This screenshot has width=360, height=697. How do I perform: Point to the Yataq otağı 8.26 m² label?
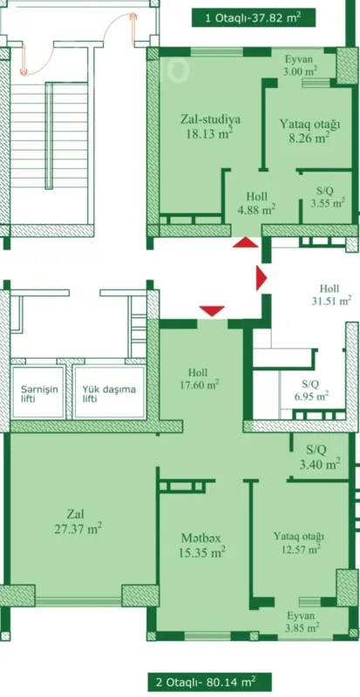(303, 130)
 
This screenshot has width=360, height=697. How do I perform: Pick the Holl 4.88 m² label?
(257, 202)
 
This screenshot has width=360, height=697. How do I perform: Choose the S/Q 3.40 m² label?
(316, 457)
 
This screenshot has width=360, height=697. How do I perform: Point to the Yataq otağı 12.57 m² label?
(299, 541)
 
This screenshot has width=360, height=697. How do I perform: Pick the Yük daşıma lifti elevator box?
(109, 393)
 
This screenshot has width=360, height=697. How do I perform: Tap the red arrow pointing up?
(245, 243)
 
